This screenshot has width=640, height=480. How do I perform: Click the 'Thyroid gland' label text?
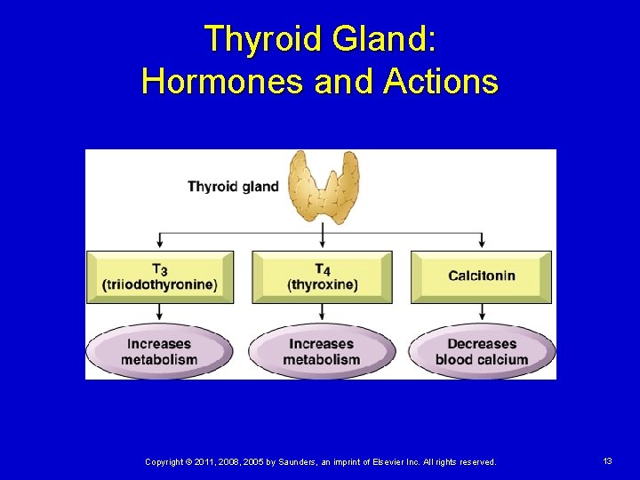[x=233, y=187]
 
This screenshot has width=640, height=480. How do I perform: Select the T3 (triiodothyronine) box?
[x=160, y=276]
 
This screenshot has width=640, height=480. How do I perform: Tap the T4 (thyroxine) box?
[x=322, y=276]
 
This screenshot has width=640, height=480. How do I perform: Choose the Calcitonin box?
[x=481, y=276]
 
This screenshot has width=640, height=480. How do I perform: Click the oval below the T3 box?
[x=159, y=352]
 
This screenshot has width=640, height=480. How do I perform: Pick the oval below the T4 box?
[x=321, y=352]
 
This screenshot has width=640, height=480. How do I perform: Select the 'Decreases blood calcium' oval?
[x=482, y=352]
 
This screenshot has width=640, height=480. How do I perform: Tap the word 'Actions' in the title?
[x=441, y=82]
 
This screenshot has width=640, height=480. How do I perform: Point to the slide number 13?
[x=607, y=461]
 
